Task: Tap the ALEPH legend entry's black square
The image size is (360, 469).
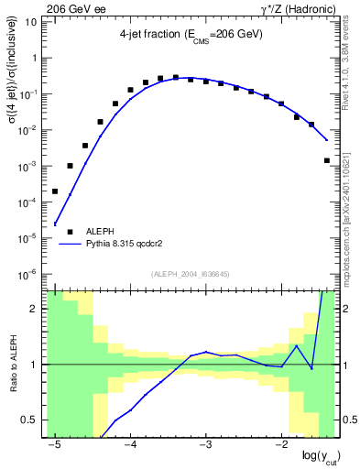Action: click(70, 232)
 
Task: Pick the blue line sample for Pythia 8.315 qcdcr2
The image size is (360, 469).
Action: click(70, 245)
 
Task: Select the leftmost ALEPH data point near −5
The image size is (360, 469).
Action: click(55, 191)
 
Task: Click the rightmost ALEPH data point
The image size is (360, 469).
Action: click(327, 160)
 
